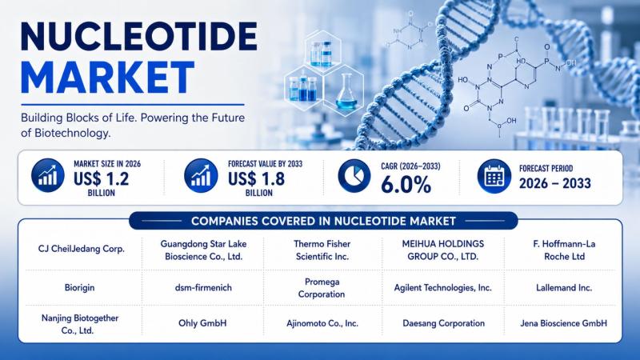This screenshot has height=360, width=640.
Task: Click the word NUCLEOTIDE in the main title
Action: [138, 36]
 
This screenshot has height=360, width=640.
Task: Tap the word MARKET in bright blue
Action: [107, 78]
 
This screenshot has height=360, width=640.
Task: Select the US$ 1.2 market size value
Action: [102, 178]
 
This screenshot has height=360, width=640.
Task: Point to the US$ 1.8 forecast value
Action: [256, 178]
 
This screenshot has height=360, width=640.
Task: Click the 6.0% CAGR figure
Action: [406, 185]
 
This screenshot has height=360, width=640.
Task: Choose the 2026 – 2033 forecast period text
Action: [554, 183]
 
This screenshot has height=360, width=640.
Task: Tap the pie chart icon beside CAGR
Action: [354, 176]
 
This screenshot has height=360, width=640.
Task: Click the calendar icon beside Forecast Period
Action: [494, 176]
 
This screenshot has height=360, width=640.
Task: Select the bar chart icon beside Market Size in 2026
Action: [48, 175]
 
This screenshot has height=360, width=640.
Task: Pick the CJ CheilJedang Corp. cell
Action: [82, 249]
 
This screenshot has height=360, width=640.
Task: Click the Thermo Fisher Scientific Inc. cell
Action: [322, 250]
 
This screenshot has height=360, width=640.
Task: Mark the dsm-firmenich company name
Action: [203, 287]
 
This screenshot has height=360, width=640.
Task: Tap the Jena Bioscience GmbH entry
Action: [563, 323]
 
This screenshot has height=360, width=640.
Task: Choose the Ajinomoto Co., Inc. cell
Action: [322, 323]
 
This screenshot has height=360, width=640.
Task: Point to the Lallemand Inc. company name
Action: [564, 287]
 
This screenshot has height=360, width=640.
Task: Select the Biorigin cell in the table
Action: [79, 287]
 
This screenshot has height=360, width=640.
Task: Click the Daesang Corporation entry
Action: [444, 323]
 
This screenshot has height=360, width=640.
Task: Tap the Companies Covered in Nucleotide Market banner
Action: [323, 221]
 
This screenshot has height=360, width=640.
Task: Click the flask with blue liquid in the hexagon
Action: [346, 92]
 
